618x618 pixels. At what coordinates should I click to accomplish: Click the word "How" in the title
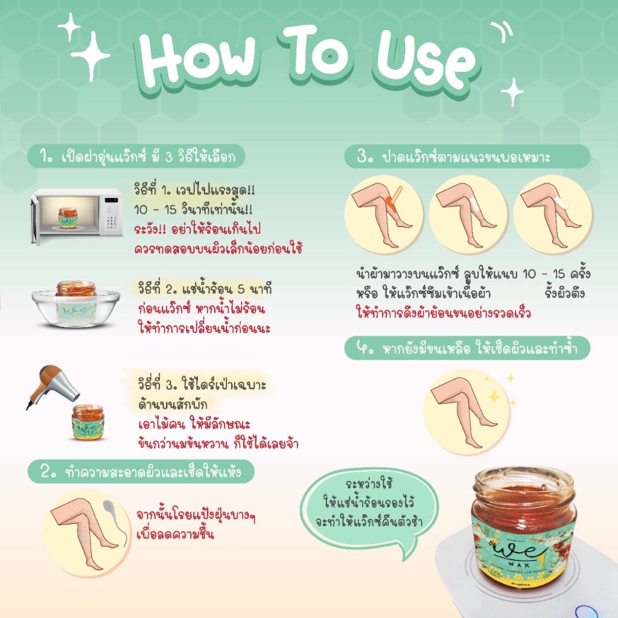198,59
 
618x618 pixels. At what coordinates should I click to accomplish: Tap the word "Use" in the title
425,61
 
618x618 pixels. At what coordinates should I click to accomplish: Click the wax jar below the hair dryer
88,422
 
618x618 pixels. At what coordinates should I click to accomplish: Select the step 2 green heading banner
141,472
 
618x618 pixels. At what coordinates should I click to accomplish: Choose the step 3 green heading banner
468,157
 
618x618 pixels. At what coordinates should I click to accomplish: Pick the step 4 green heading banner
468,348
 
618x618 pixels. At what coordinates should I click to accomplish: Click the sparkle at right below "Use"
512,92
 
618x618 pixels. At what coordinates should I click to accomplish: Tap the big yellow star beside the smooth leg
494,396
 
